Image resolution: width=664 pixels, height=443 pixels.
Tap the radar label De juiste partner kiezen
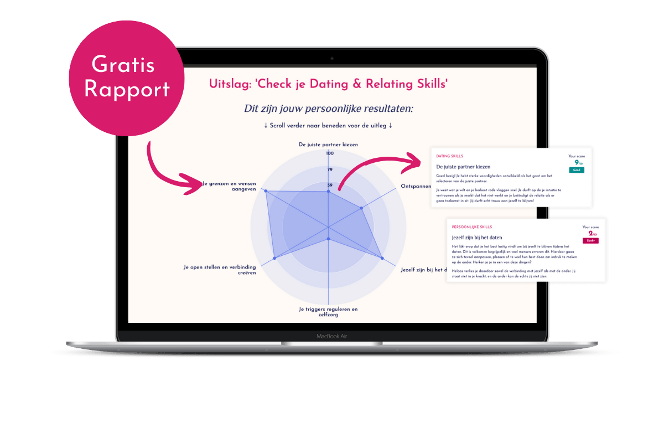click(x=328, y=144)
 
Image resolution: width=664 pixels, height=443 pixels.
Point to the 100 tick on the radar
click(x=330, y=153)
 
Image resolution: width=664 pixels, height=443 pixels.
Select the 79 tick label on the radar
click(x=330, y=169)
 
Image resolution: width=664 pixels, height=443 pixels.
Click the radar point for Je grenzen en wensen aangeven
click(x=266, y=191)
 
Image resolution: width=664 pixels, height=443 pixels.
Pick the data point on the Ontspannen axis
click(x=361, y=208)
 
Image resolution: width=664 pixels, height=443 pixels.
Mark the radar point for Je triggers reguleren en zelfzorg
click(x=329, y=239)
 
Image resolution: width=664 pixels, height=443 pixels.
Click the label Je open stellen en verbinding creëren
click(x=220, y=270)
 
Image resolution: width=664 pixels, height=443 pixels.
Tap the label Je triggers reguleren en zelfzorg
click(x=328, y=312)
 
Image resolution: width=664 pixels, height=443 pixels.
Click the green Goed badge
click(x=576, y=170)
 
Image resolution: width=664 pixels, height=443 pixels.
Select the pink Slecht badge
click(x=590, y=241)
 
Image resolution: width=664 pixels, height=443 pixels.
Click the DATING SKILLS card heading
click(x=450, y=156)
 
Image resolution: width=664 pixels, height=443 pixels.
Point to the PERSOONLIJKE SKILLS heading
click(x=471, y=227)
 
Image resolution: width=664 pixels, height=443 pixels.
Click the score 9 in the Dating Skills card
click(x=576, y=162)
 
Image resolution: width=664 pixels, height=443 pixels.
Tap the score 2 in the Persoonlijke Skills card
click(x=590, y=234)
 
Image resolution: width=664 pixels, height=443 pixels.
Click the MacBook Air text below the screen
click(x=332, y=336)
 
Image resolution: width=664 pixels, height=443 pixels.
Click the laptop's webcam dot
click(x=332, y=58)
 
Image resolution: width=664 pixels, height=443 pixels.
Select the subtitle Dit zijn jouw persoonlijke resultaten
click(x=328, y=109)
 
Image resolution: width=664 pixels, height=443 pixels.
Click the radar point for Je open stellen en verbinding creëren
click(x=275, y=258)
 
